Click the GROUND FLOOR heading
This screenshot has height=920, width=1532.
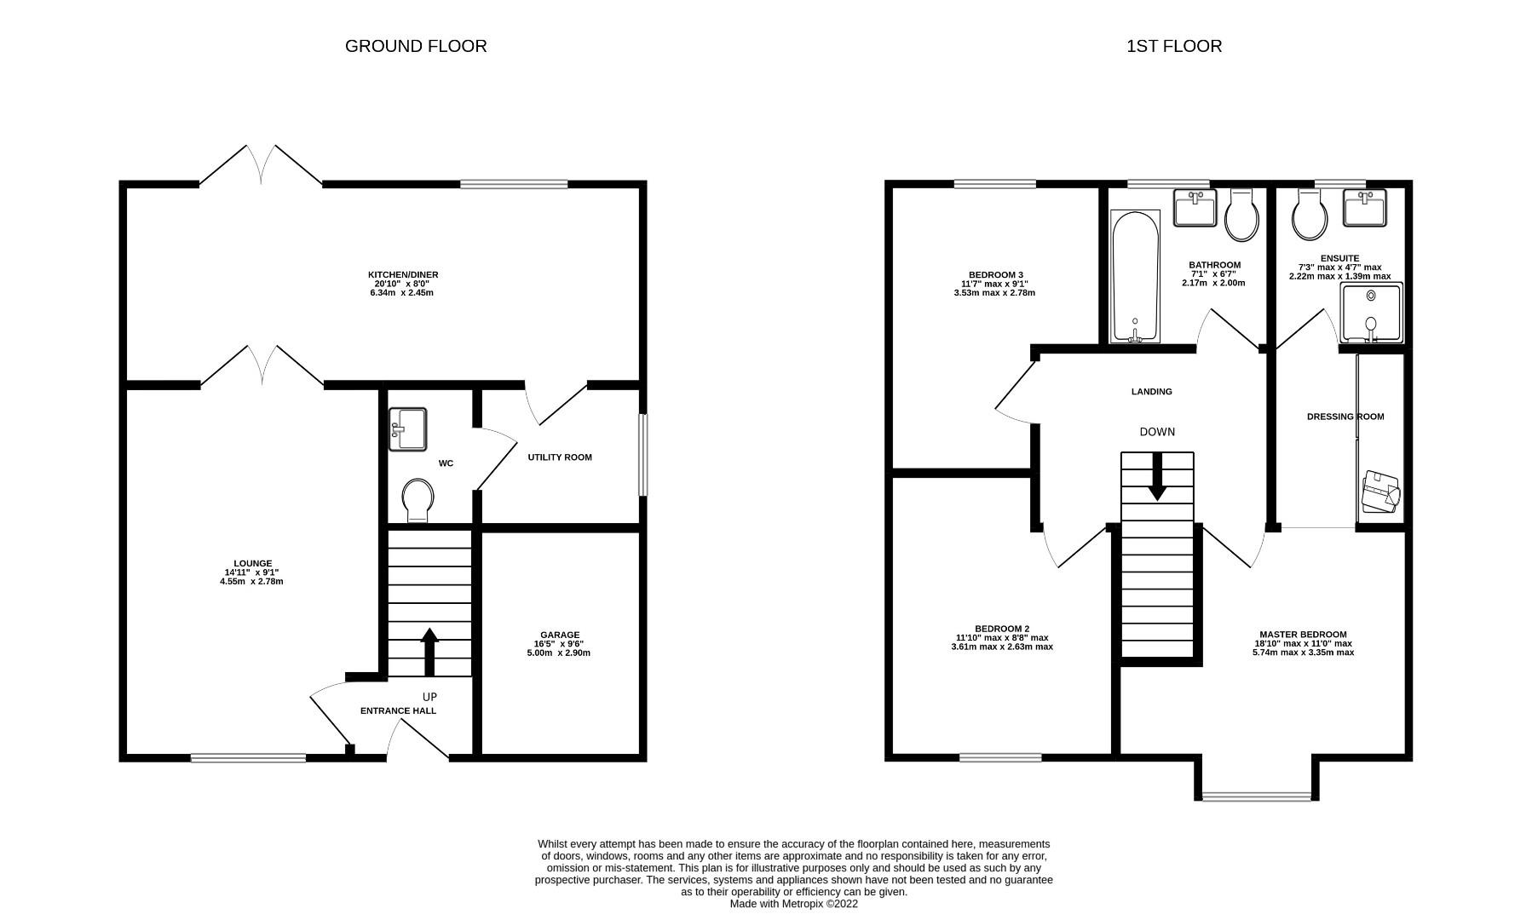tap(416, 46)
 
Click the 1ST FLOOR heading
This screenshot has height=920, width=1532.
tap(1174, 46)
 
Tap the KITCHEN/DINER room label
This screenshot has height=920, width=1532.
tap(403, 274)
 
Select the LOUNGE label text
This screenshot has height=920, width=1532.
tap(253, 563)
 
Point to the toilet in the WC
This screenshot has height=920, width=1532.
tap(418, 500)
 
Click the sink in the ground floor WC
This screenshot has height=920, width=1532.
tap(408, 429)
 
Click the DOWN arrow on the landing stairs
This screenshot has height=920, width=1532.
tap(1157, 476)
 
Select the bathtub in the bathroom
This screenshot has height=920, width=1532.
tap(1135, 277)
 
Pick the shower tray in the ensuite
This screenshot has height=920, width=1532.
tap(1371, 313)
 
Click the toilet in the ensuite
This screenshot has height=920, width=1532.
tap(1310, 214)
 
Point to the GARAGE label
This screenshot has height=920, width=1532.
tap(559, 635)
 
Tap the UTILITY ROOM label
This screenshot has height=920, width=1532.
tap(560, 457)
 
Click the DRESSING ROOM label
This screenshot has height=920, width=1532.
tap(1345, 417)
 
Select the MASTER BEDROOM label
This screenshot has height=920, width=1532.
tap(1303, 635)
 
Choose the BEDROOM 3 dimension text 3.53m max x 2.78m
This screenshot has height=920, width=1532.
tap(994, 293)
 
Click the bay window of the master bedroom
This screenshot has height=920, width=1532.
tap(1257, 796)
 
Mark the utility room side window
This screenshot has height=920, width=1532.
tap(643, 455)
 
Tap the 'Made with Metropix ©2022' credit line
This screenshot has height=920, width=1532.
tap(793, 904)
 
